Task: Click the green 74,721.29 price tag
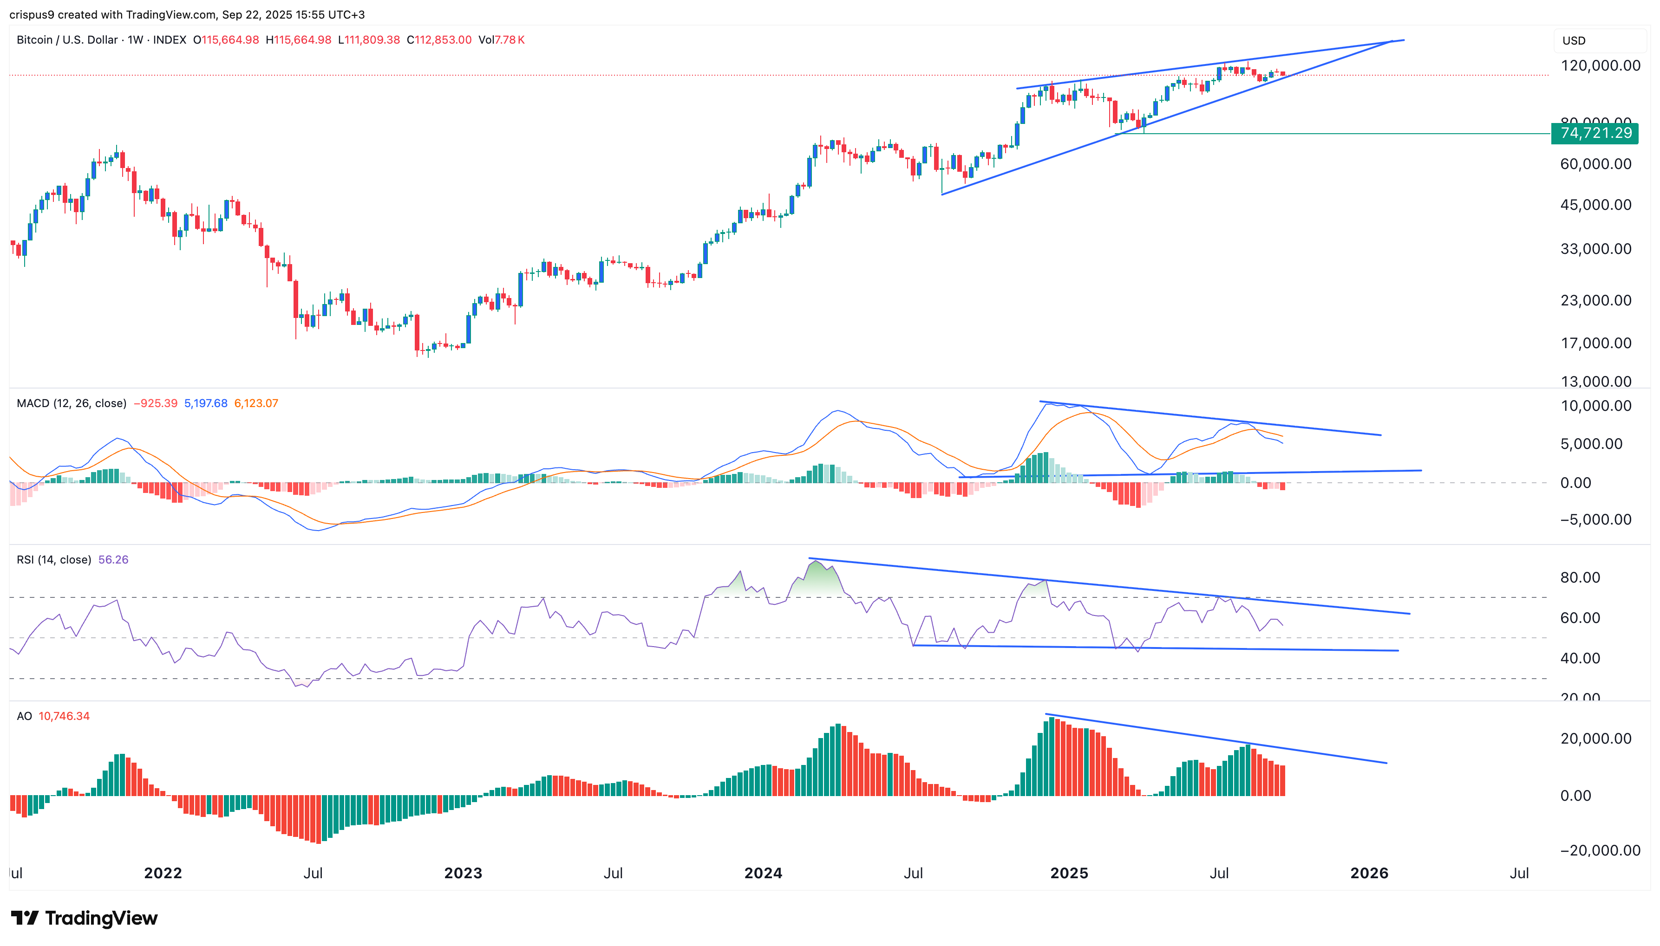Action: (x=1595, y=133)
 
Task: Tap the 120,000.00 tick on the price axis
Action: (x=1600, y=65)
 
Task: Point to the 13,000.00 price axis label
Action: (x=1595, y=382)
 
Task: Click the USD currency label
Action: (x=1574, y=41)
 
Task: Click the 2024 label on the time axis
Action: (x=763, y=873)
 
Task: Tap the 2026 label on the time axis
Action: (x=1369, y=873)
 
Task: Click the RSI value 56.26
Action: (x=113, y=559)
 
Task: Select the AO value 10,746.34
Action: (x=64, y=716)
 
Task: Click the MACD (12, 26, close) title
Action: (x=72, y=403)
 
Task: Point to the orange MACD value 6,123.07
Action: (x=256, y=403)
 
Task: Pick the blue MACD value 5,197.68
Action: (x=205, y=403)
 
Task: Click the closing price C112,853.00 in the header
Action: (x=439, y=39)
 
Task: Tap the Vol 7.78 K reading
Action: (x=501, y=39)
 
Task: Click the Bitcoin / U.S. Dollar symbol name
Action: (x=67, y=39)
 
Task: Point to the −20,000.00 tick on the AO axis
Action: (x=1595, y=850)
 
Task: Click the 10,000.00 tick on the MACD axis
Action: (x=1595, y=406)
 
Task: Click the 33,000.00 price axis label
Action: (x=1595, y=249)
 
